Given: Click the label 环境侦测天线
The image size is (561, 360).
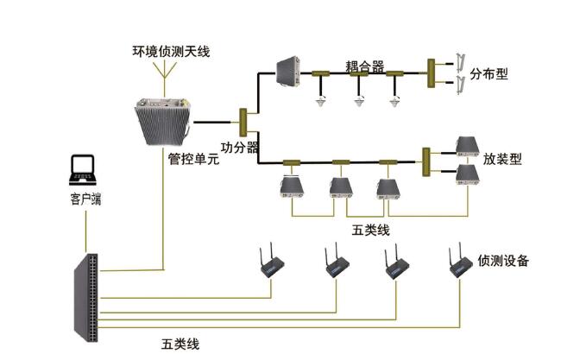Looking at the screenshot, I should point(169,53).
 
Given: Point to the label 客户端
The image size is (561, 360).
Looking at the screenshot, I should point(85,199).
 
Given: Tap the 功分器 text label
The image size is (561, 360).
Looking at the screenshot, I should point(240,148).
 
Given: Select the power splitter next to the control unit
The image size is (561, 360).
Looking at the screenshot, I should point(244,122).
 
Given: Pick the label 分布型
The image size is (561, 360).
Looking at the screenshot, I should point(489,73).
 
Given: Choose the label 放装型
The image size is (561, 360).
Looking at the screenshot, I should point(503,159).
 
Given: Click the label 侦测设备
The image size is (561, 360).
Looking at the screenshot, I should point(502,260).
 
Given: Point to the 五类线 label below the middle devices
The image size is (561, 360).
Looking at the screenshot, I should point(372,230).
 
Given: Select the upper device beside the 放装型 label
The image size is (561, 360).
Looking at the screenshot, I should point(467,145).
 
